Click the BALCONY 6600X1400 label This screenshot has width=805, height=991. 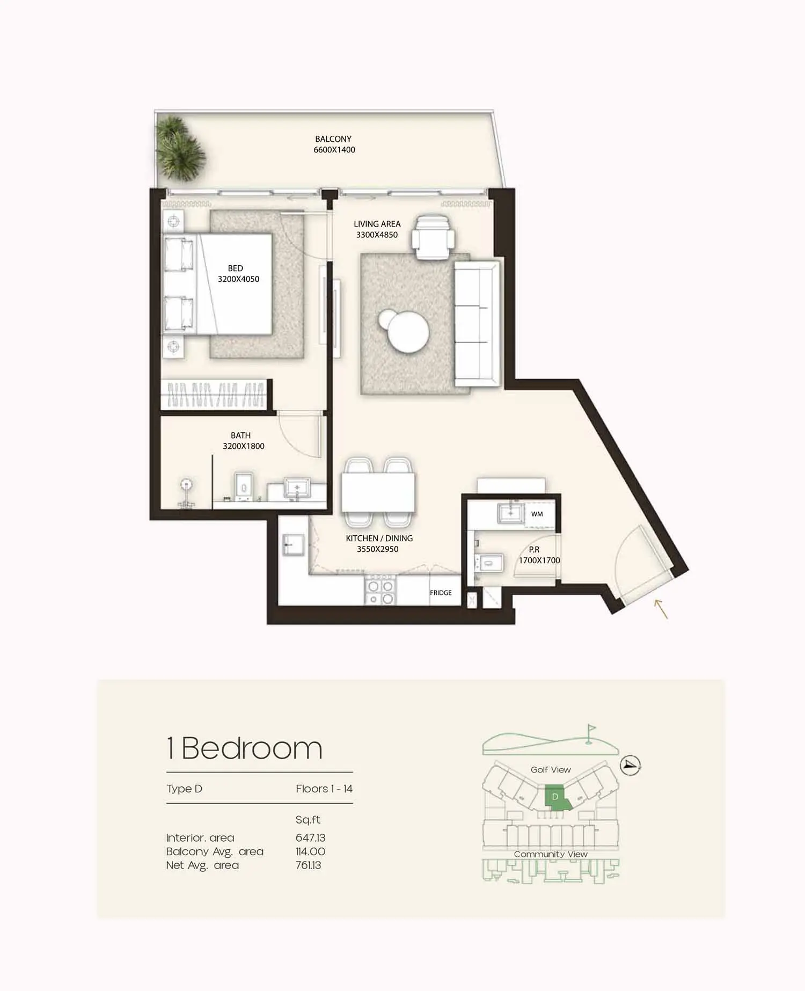[334, 144]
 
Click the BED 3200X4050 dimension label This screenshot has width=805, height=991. [238, 273]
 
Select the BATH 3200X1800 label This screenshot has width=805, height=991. [243, 441]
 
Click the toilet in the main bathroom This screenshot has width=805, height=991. [245, 487]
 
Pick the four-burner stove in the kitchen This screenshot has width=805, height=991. [380, 591]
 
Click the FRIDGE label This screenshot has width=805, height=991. [441, 593]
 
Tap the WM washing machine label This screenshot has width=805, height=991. [537, 514]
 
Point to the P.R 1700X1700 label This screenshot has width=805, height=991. [539, 555]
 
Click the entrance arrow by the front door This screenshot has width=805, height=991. [661, 609]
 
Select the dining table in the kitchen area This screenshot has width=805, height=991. [378, 493]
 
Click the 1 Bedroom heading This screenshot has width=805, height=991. [244, 748]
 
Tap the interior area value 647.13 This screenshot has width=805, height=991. [310, 837]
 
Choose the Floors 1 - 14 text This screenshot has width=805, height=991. [324, 789]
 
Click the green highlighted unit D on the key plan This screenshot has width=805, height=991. [557, 798]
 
